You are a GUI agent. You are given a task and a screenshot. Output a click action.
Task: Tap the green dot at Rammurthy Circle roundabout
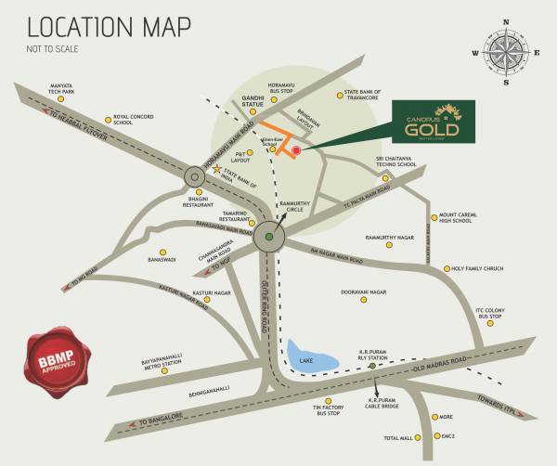tap(269, 237)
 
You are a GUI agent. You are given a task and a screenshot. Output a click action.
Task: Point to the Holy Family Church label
tap(477, 268)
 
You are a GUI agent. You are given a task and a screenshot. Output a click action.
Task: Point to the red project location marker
tap(296, 150)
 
